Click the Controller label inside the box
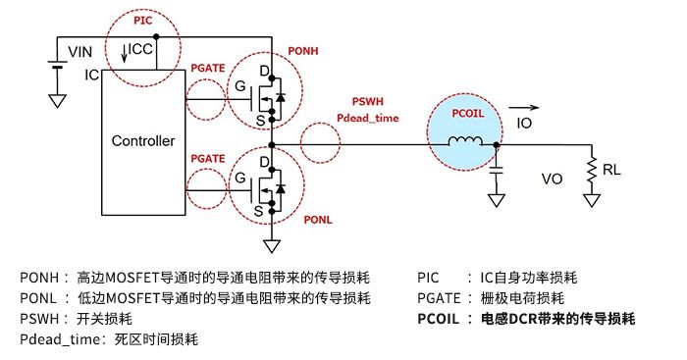tap(143, 141)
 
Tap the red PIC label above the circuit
tap(143, 21)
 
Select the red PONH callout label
tap(302, 51)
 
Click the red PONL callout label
tap(318, 220)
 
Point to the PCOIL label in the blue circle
tap(468, 114)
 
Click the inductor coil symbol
tap(465, 141)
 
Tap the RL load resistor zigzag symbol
tap(592, 169)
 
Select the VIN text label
tap(80, 52)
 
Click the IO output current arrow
tap(523, 107)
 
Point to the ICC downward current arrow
tap(125, 53)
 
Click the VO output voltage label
tap(552, 179)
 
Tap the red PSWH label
tap(368, 102)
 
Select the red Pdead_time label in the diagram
tap(368, 119)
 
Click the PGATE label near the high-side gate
tap(208, 69)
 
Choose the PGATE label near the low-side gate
tap(208, 159)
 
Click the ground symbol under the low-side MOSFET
tap(272, 246)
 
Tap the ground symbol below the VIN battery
tap(57, 101)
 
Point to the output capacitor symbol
tap(497, 171)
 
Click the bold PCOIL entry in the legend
tap(526, 319)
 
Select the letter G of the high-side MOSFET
tap(240, 86)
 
